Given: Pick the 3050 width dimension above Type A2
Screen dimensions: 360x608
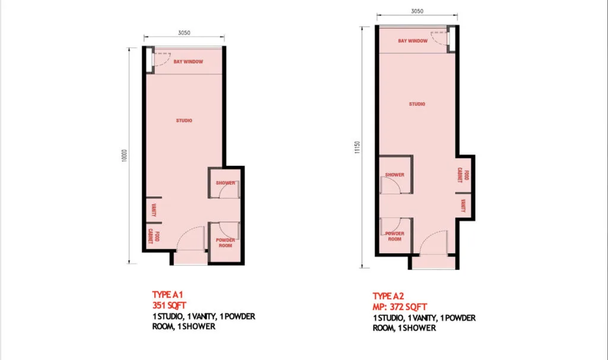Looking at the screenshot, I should (x=417, y=11).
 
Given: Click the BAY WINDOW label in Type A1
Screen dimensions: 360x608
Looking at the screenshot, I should (x=189, y=62).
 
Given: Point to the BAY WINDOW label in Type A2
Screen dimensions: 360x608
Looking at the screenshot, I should (x=413, y=41).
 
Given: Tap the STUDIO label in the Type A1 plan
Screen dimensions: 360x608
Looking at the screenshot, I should (x=184, y=121).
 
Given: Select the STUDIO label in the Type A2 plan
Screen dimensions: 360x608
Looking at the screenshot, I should (x=417, y=104).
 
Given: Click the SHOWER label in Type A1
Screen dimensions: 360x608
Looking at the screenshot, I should (x=226, y=183).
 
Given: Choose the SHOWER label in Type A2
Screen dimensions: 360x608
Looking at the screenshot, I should (x=395, y=175).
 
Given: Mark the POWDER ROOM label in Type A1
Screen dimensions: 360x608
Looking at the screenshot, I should (x=225, y=243).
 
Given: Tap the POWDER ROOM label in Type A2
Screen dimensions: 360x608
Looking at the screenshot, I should (x=395, y=236).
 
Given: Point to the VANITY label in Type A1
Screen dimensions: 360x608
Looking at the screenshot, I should (x=153, y=209).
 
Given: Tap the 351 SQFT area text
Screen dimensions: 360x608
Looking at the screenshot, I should (x=170, y=305).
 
